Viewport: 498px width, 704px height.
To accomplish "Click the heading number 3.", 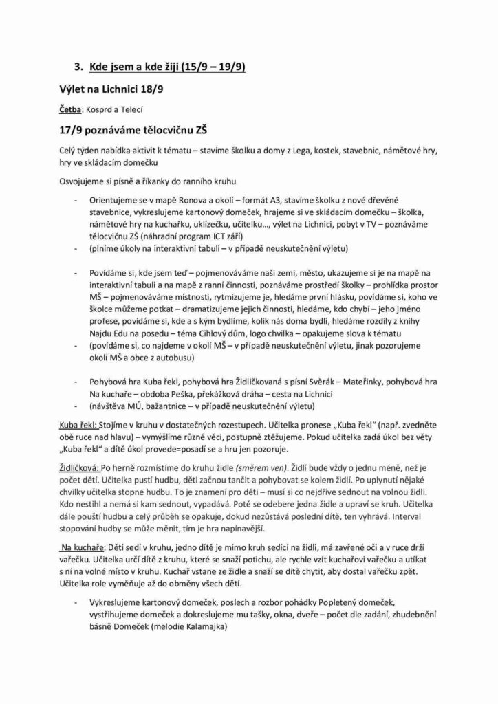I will tap(78, 67).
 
